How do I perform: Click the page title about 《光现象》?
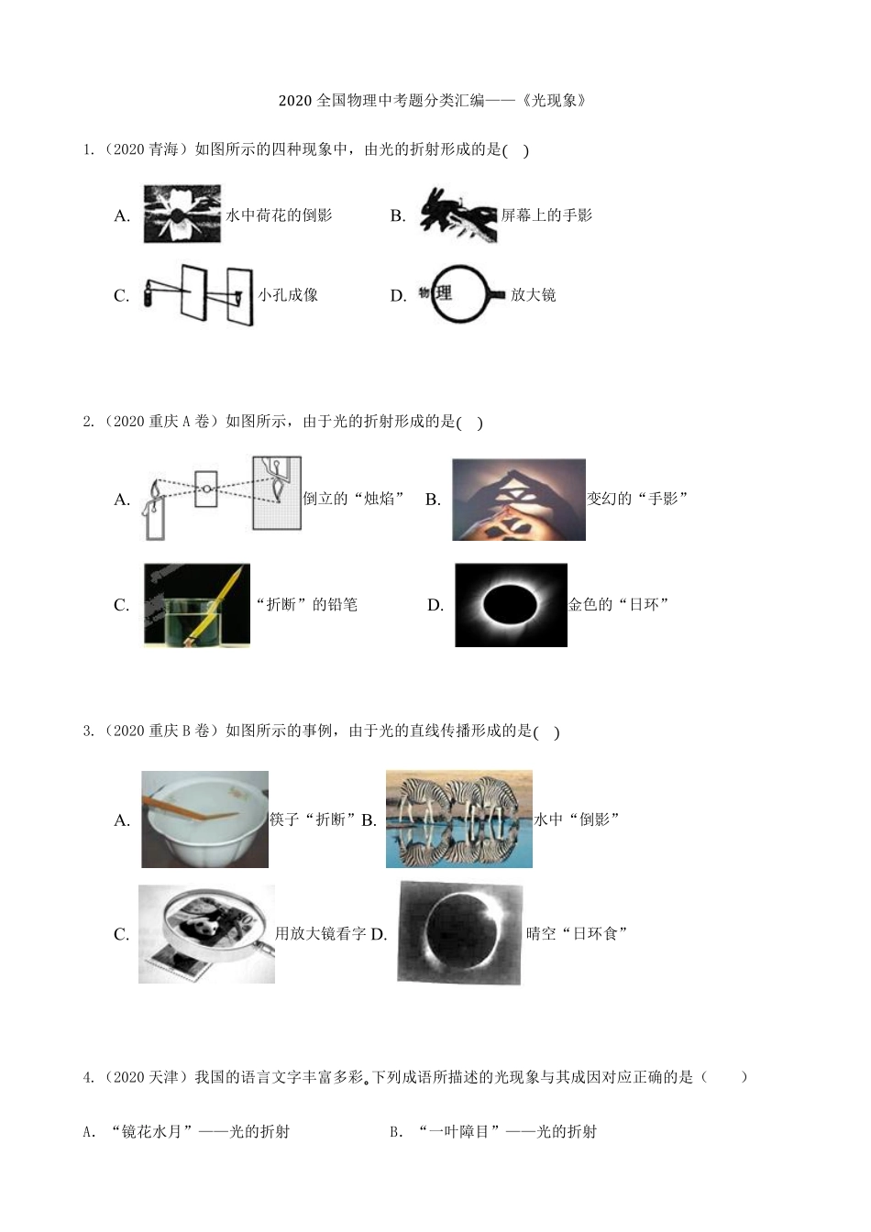coord(433,100)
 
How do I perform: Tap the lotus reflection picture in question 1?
coord(182,214)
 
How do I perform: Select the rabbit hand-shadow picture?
coord(458,215)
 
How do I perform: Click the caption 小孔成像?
coord(288,295)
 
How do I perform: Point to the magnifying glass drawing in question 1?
coord(461,295)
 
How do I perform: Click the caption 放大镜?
coord(533,295)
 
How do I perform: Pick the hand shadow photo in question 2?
coord(518,500)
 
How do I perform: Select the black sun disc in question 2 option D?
coord(510,605)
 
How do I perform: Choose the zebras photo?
coord(459,819)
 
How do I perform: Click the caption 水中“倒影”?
coord(577,819)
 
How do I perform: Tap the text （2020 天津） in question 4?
coord(142,1077)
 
